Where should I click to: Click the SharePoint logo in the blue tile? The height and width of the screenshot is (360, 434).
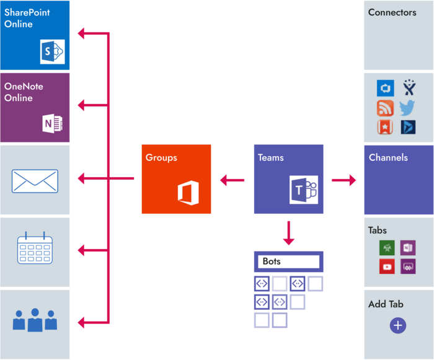point(52,52)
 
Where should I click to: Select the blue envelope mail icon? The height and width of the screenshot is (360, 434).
point(35,181)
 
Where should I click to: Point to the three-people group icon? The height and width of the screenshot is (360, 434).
point(35,319)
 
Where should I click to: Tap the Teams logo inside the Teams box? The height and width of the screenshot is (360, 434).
point(304,189)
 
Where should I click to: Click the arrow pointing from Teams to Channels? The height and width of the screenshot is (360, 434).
point(344,180)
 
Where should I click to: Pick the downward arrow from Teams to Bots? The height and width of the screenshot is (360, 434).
point(288,232)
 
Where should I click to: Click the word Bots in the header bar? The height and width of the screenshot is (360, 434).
point(272,261)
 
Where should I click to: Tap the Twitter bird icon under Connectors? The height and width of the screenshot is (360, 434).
point(407,107)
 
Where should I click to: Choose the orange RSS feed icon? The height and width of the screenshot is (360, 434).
point(386,107)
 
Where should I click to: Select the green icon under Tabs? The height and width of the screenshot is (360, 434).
point(387,247)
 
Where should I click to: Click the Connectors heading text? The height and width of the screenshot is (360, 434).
point(392,12)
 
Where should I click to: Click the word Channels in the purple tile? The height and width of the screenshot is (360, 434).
point(388,157)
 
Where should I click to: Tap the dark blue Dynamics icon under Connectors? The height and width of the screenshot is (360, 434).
point(407,126)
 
